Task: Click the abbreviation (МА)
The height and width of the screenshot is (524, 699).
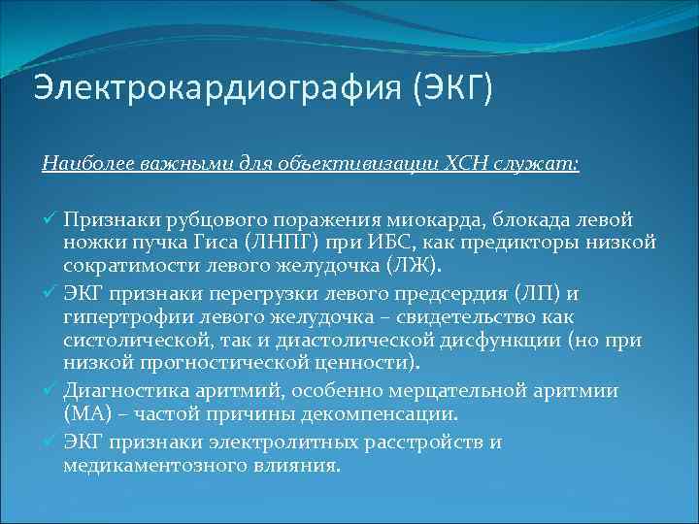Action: (x=88, y=414)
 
